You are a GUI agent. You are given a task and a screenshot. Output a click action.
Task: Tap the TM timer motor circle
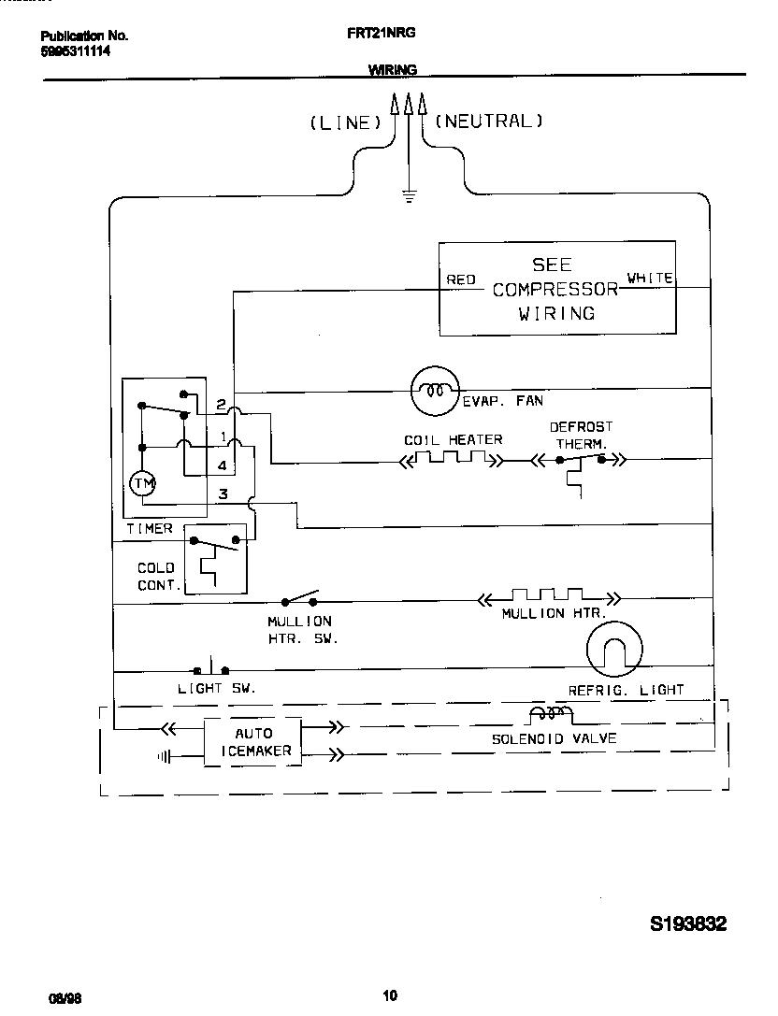click(143, 482)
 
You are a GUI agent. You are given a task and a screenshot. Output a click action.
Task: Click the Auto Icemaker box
click(252, 742)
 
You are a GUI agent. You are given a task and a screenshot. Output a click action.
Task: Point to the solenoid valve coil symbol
click(552, 715)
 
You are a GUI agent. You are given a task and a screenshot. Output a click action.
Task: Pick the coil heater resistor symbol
click(453, 459)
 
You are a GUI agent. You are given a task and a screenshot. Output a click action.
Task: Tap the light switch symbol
click(211, 670)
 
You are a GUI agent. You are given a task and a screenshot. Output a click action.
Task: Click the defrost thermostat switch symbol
click(581, 460)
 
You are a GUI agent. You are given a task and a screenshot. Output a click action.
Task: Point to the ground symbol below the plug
click(408, 194)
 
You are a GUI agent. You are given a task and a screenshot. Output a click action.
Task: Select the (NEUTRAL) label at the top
click(489, 121)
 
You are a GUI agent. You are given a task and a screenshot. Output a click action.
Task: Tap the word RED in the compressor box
click(461, 279)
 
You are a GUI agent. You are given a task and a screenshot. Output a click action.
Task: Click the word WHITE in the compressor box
click(649, 278)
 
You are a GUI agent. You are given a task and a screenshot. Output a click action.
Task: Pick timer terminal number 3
click(223, 494)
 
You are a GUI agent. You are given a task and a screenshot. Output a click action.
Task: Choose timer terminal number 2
click(221, 405)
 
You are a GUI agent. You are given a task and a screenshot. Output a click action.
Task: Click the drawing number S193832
click(688, 924)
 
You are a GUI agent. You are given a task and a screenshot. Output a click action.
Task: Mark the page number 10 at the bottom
click(390, 995)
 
